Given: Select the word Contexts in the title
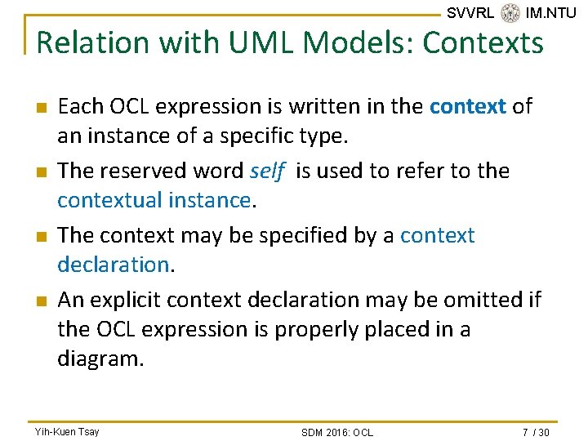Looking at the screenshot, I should pos(483,42).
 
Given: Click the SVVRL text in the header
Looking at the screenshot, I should pos(470,12).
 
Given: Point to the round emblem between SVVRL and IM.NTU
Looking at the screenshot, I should pos(510,12).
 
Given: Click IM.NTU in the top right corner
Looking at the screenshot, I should pos(551,12).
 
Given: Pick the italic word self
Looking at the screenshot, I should pos(267,171).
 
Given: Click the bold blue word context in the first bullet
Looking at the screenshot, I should pos(468,106).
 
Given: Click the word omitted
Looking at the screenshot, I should pos(482,301).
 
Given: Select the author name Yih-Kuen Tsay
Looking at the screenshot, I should pos(67,431).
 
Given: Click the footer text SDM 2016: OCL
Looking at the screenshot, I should pos(336,432).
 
